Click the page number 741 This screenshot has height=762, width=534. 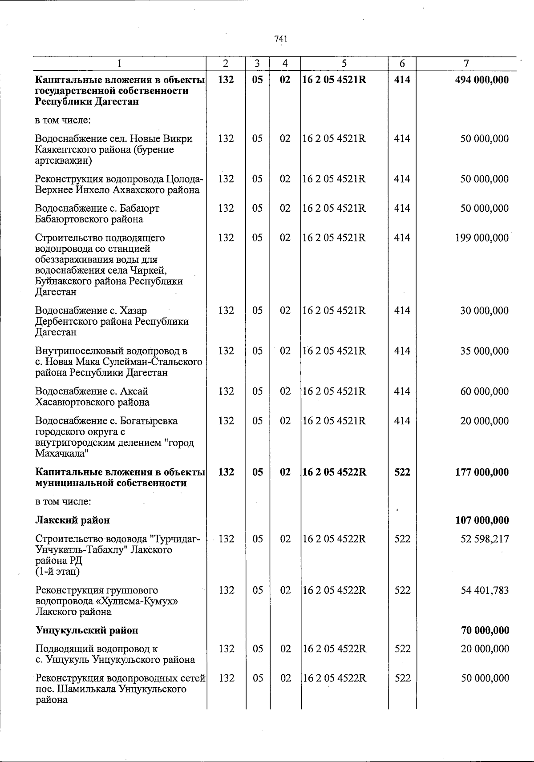281,39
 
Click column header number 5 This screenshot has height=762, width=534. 344,64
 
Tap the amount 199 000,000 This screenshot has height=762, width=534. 481,238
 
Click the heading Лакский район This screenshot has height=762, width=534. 73,520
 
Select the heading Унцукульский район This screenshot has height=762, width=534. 86,630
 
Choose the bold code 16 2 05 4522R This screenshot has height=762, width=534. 335,472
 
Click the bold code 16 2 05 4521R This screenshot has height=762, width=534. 334,80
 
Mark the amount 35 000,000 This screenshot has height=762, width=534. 484,351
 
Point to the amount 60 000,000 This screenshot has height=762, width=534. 484,391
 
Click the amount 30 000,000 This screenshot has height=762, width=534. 484,310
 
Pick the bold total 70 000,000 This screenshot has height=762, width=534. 485,630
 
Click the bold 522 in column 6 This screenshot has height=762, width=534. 402,472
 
